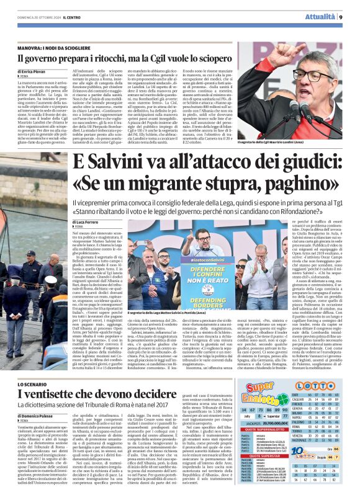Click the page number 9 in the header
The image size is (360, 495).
pos(341,17)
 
